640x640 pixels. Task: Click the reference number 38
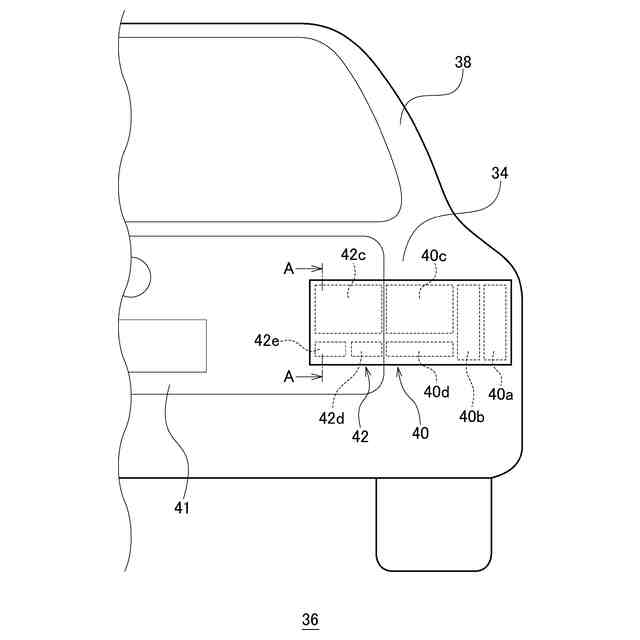463,62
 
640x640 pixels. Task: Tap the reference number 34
500,173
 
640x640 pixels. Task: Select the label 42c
354,255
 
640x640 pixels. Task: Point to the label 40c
434,255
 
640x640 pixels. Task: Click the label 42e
267,340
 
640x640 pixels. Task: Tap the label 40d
437,391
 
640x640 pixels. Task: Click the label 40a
501,394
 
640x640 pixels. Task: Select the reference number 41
181,508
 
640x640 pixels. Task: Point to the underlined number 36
310,620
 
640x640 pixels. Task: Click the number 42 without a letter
359,435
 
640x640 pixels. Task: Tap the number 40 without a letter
420,433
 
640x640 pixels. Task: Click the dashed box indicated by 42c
349,309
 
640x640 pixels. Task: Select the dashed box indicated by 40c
420,309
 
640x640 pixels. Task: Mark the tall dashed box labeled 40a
495,322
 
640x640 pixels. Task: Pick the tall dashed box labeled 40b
468,322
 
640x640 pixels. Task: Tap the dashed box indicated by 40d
420,349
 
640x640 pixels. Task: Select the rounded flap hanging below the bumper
434,523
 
